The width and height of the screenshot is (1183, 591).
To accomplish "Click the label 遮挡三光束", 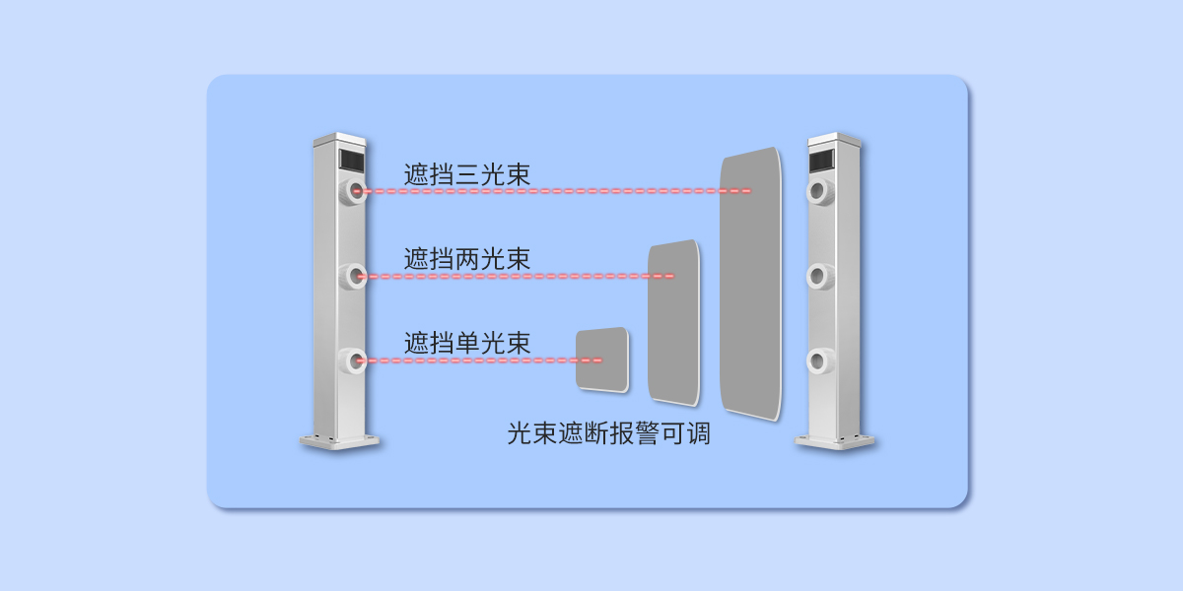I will point(466,175).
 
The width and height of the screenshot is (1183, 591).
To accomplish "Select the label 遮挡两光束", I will point(466,259).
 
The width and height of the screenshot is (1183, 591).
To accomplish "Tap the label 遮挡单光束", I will point(466,344).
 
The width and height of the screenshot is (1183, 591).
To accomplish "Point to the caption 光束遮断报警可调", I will point(608,433).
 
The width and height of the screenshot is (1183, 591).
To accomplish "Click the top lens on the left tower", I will point(353,191).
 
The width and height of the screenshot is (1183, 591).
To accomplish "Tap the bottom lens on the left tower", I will point(353,361).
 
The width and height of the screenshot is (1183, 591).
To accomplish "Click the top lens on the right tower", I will point(820,191).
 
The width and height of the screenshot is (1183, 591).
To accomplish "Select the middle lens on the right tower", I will point(820,277).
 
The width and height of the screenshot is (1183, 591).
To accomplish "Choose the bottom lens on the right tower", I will point(820,361).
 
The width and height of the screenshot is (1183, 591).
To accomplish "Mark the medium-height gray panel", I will point(674,322).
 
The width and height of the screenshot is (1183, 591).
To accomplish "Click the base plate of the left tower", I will point(340,441).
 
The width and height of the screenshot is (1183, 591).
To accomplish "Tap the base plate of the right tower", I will point(835,441).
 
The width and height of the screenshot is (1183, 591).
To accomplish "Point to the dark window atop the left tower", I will point(351,158).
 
